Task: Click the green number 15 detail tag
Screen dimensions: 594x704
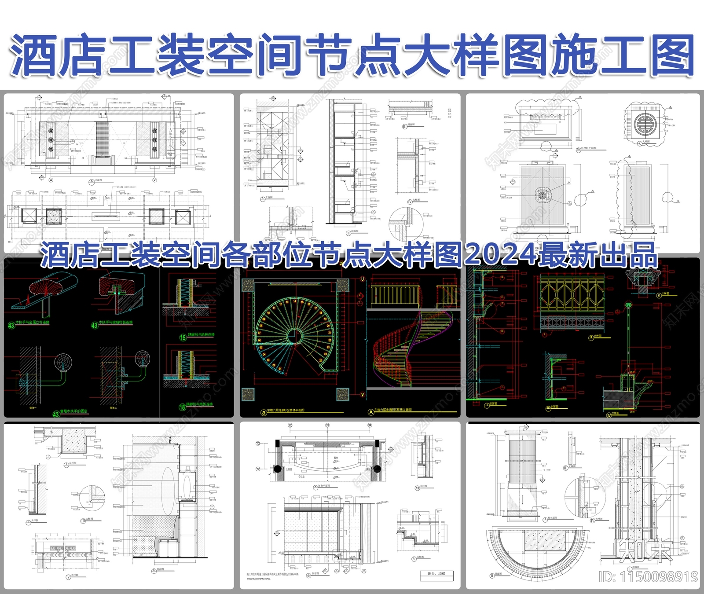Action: [183, 337]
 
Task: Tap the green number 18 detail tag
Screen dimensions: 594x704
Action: [182, 407]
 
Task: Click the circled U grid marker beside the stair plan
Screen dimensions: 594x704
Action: [363, 279]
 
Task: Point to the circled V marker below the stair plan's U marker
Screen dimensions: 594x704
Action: [363, 395]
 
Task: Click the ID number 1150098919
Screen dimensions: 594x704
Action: [649, 577]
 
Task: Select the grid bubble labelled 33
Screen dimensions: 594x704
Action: [327, 425]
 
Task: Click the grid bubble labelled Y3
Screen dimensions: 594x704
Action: [258, 444]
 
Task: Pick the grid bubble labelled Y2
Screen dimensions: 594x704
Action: [258, 469]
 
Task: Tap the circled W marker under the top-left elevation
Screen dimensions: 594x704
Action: [51, 180]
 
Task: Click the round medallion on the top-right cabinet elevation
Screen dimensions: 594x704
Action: [542, 194]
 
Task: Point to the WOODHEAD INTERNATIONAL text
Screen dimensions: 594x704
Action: [259, 579]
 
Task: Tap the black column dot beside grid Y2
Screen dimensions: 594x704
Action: [278, 469]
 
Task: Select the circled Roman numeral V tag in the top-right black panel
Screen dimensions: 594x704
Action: [659, 296]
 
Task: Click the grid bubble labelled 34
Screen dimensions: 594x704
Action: [370, 425]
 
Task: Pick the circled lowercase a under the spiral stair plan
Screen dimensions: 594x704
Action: [264, 412]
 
